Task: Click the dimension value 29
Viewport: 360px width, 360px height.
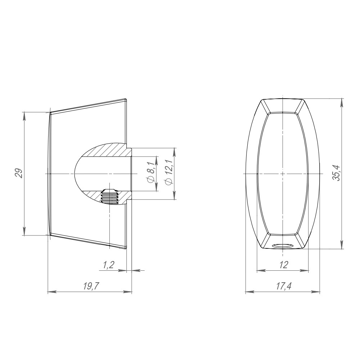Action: click(x=21, y=173)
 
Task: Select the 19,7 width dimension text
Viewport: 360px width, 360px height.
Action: click(x=91, y=286)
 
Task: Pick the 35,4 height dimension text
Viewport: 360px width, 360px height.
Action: click(x=337, y=173)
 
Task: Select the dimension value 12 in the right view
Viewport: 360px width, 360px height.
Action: click(x=283, y=265)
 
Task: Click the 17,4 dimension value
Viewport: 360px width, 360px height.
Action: click(x=284, y=286)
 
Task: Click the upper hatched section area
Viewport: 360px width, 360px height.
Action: click(x=108, y=150)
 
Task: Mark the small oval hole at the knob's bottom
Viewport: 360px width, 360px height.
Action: click(x=283, y=246)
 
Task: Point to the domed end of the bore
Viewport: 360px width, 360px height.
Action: click(x=77, y=174)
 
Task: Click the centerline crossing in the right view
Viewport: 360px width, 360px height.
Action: click(x=283, y=174)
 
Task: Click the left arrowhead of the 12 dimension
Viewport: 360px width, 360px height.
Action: click(x=260, y=270)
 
